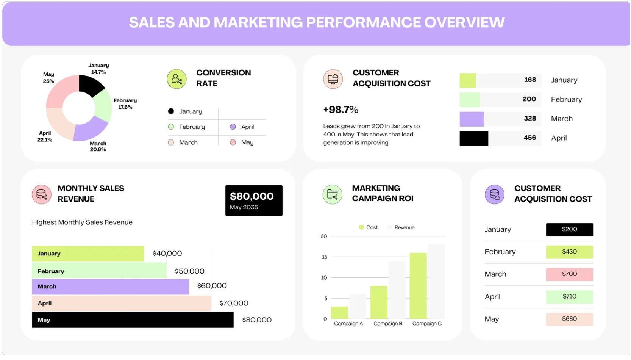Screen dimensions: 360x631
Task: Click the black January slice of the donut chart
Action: tap(90, 85)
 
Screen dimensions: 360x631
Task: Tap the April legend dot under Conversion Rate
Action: tap(233, 127)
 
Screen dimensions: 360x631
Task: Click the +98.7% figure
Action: tap(340, 110)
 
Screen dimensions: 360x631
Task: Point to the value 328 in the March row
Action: tap(529, 119)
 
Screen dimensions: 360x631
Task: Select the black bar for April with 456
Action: tap(473, 138)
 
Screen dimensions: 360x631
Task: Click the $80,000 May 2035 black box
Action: tap(254, 201)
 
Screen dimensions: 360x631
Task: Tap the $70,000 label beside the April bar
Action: tap(234, 303)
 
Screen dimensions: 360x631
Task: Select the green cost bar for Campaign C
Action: tap(418, 286)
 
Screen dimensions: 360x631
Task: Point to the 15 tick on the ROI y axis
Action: tap(324, 257)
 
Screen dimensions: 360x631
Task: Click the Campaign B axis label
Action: tap(388, 324)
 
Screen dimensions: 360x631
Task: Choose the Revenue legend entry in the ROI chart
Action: tap(404, 227)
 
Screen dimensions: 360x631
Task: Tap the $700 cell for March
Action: tap(569, 274)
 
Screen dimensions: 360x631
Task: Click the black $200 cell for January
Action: tap(569, 230)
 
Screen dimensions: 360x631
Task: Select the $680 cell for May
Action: tap(569, 319)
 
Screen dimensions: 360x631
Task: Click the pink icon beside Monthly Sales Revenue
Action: tap(42, 194)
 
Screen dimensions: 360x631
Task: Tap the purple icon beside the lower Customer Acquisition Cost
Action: tap(494, 194)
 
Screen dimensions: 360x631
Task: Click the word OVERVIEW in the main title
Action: tap(464, 23)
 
